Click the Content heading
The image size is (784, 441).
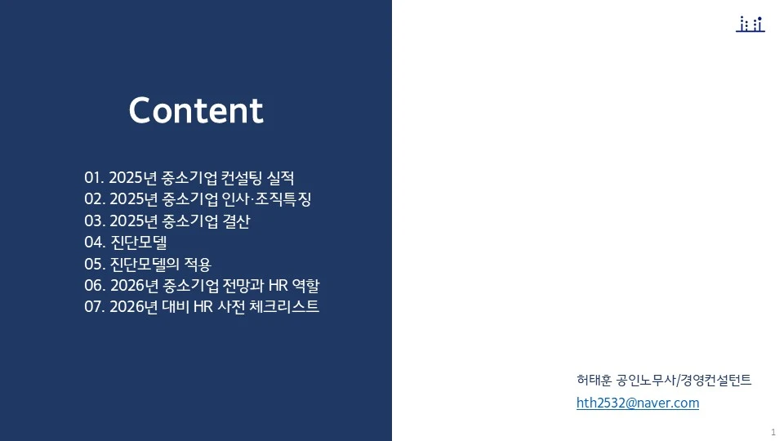tap(196, 111)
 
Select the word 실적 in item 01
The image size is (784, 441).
tap(279, 177)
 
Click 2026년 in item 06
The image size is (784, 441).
tap(134, 286)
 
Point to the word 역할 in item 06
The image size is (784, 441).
tap(316, 286)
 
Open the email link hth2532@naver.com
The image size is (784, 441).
tap(637, 403)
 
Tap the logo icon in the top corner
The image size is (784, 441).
tap(750, 24)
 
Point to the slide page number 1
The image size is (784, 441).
tap(773, 431)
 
